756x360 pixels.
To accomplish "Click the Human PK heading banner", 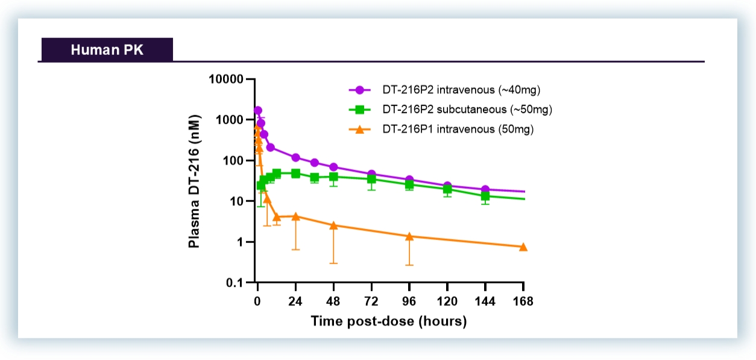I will pyautogui.click(x=107, y=49).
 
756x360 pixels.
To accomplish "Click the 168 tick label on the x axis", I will pyautogui.click(x=523, y=302).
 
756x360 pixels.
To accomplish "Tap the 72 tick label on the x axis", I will pyautogui.click(x=371, y=302).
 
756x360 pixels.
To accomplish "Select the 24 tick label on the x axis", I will pyautogui.click(x=295, y=302).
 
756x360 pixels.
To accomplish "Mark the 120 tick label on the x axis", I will pyautogui.click(x=447, y=302).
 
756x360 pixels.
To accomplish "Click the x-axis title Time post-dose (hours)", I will pyautogui.click(x=389, y=321).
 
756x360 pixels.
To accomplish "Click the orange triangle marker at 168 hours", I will pyautogui.click(x=523, y=247).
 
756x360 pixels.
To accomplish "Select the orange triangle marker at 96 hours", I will pyautogui.click(x=409, y=236).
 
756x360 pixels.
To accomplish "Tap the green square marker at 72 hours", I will pyautogui.click(x=371, y=179).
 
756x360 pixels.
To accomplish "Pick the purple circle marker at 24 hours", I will pyautogui.click(x=295, y=157).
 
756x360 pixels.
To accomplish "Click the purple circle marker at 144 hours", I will pyautogui.click(x=485, y=190).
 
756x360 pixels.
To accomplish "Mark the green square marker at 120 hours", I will pyautogui.click(x=447, y=189).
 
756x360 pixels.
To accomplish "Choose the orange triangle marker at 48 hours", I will pyautogui.click(x=333, y=225).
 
